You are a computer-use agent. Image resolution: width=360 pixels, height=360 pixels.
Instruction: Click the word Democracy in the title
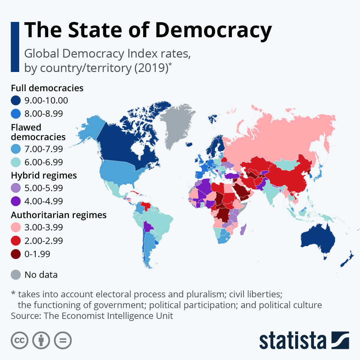[213, 30]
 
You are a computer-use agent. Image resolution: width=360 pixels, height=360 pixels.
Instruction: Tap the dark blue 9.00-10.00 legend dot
[16, 100]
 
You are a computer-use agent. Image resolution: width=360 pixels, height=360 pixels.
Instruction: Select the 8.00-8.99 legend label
[44, 114]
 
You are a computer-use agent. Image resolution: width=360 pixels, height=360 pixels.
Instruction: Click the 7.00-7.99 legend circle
[16, 149]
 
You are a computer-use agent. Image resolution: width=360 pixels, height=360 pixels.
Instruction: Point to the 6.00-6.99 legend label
[44, 162]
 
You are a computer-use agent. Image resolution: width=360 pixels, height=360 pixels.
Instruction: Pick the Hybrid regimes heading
[44, 175]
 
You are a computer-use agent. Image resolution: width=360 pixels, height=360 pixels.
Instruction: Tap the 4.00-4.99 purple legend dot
[16, 201]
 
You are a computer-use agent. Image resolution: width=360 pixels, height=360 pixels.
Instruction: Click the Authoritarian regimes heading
[59, 215]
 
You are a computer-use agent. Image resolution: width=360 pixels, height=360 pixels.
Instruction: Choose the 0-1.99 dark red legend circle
[16, 254]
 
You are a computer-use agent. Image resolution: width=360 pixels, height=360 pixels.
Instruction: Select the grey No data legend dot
[16, 275]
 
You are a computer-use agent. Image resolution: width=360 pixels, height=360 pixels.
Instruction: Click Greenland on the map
[175, 123]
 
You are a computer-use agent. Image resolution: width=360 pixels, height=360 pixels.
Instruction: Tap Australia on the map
[318, 240]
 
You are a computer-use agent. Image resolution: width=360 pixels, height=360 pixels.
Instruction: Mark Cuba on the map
[136, 193]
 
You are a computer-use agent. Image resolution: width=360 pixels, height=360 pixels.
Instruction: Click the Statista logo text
[292, 341]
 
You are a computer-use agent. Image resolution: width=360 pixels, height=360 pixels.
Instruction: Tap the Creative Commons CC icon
[19, 340]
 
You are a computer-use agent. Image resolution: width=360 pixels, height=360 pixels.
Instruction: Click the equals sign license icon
[63, 340]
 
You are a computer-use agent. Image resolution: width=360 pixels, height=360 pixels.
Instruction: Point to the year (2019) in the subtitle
[151, 68]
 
